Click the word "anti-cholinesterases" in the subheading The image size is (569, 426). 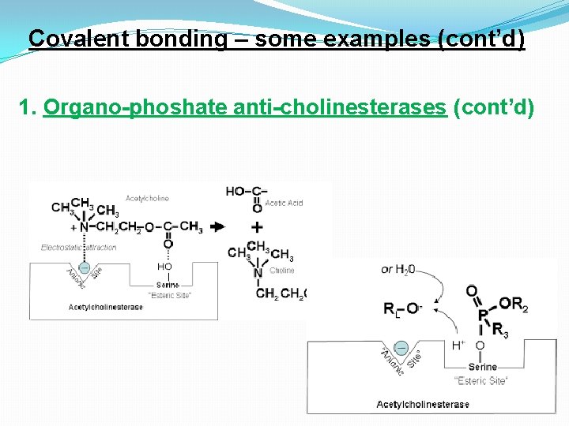point(340,107)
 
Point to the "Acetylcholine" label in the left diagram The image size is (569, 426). point(147,198)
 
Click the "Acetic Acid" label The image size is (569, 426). point(284,203)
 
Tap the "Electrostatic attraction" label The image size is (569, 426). point(79,247)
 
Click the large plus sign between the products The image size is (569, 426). point(257,227)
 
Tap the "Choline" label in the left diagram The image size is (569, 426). point(282,270)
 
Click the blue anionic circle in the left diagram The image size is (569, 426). point(85,267)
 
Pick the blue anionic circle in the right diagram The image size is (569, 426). point(401,348)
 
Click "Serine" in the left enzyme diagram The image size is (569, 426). point(168,285)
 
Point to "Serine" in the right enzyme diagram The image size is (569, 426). point(482,367)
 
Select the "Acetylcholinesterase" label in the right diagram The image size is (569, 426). point(423,405)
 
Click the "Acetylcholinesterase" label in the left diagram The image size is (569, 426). point(106,307)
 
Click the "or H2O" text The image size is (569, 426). point(398,269)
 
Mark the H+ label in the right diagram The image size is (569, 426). point(458,346)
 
